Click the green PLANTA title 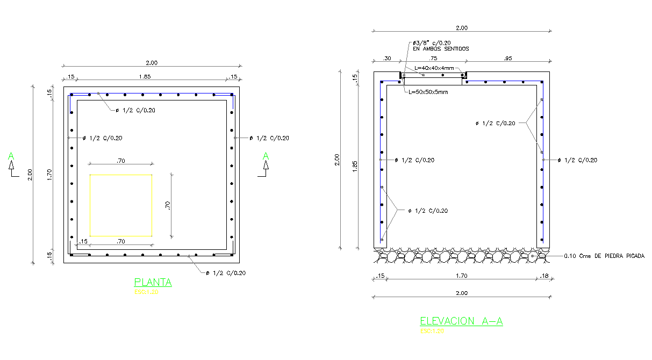[153, 283]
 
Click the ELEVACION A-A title [461, 321]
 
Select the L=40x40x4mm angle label [434, 68]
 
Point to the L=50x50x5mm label [428, 92]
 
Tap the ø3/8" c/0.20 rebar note [431, 42]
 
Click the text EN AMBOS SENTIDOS [440, 49]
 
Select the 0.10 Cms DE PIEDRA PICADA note [604, 256]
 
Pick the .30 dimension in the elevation [386, 58]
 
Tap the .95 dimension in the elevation [508, 58]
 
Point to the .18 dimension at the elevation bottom [544, 276]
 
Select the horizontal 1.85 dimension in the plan [145, 77]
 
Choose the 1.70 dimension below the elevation [461, 276]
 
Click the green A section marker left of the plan [11, 156]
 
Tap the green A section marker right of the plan [266, 156]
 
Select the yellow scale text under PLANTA [146, 292]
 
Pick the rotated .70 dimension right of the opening [167, 205]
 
